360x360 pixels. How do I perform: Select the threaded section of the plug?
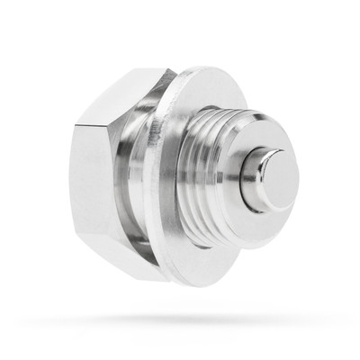tap(216, 180)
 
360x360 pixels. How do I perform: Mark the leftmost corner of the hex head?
tap(71, 180)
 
